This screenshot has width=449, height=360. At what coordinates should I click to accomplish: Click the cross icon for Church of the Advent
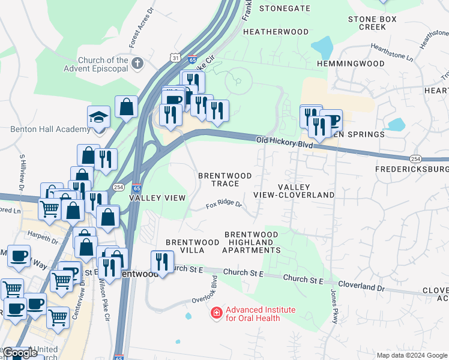137,62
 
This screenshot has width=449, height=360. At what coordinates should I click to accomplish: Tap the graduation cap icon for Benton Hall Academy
99,116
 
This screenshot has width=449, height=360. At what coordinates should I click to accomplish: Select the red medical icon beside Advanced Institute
216,313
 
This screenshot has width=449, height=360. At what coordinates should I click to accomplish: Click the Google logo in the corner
20,353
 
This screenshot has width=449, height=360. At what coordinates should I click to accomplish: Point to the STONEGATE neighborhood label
285,8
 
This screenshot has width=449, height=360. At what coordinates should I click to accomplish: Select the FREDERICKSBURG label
412,170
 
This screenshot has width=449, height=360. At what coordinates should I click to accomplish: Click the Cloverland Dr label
361,287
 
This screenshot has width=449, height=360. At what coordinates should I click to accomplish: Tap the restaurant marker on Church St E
162,260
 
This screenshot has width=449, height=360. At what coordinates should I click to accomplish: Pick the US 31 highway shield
174,57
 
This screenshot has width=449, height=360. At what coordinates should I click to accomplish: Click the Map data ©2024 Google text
412,355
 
